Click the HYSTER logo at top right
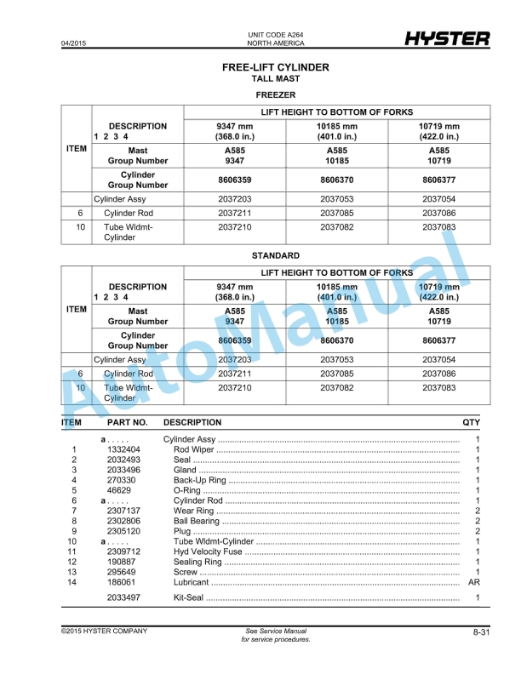point(446,38)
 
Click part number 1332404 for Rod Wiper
point(124,449)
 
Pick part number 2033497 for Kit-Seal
point(124,598)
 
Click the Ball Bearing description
point(194,521)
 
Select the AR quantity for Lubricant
point(475,583)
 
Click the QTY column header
point(471,422)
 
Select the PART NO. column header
point(128,422)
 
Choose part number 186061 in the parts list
point(122,583)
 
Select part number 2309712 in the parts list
point(124,552)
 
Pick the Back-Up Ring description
point(198,480)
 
